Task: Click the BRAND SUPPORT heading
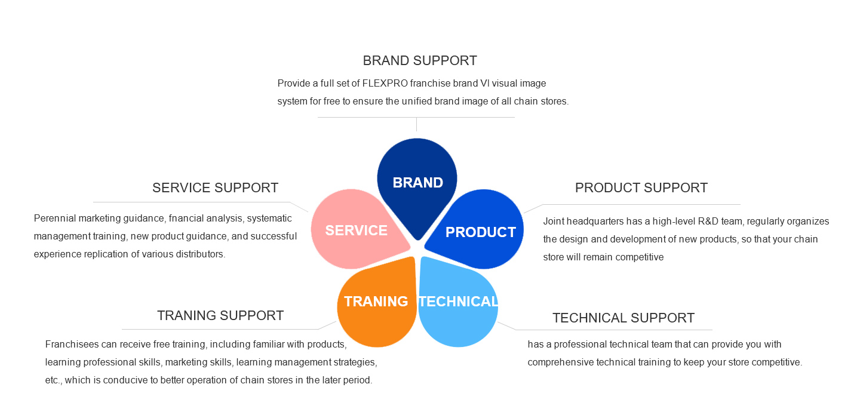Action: point(420,61)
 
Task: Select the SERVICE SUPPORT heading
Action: point(215,188)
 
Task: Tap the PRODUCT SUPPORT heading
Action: point(641,188)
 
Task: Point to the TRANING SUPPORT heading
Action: point(220,315)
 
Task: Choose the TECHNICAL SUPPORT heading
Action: point(623,318)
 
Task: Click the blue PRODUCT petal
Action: point(480,231)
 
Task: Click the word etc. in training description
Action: point(53,380)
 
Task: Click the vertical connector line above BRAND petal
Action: point(417,124)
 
